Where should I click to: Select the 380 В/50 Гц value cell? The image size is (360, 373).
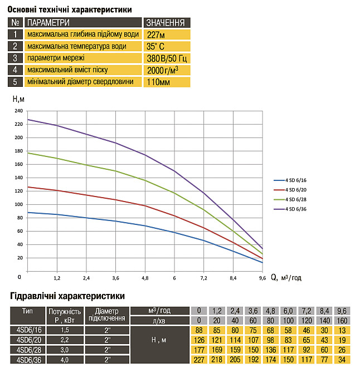coord(167,58)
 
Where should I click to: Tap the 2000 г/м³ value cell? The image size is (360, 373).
coord(167,70)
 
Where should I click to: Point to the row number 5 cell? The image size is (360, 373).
coord(15,82)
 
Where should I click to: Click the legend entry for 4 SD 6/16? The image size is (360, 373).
coord(290,180)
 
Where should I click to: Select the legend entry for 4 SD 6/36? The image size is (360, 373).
coord(290,209)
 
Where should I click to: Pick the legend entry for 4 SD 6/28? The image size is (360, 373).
coord(290,199)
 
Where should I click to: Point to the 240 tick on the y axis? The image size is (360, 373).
coord(18,111)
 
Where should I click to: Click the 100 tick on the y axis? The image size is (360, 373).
coord(18,204)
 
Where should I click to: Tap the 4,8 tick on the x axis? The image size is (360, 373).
coord(145,278)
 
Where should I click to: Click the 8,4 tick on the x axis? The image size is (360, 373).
coord(233,278)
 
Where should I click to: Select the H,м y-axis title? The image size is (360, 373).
coord(18,99)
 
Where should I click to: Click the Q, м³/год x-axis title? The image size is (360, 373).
coord(286,277)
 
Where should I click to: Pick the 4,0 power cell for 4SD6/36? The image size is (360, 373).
coord(65,360)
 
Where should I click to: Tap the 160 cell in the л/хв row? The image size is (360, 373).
coord(342,321)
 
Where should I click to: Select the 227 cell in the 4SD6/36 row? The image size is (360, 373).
coord(199,360)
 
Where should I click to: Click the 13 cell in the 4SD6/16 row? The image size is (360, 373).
coord(342,330)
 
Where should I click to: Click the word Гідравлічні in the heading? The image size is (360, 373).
coord(33,296)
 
